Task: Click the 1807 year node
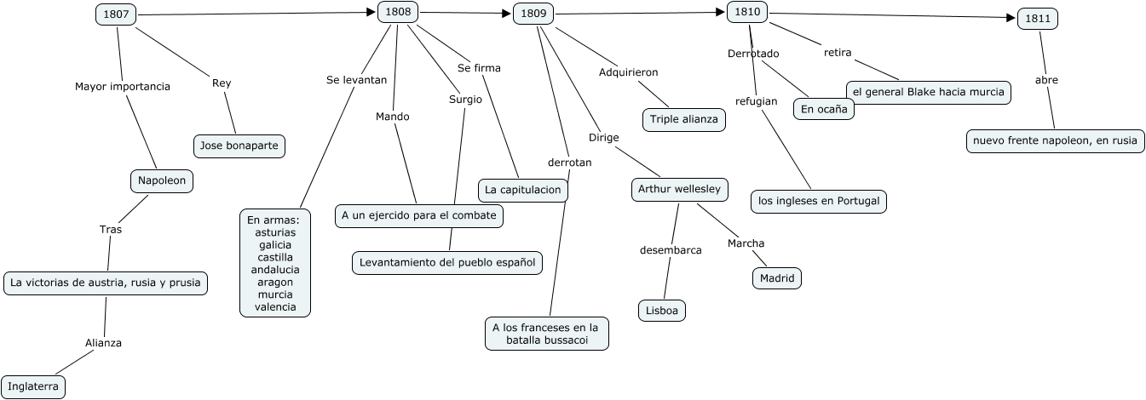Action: pos(116,15)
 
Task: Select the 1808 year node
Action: pos(398,12)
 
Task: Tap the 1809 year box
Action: pos(533,14)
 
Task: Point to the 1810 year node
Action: pos(747,12)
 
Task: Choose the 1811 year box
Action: pos(1038,20)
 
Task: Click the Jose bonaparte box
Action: pos(239,146)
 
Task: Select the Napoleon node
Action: pos(162,180)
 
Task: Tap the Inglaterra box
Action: pos(32,386)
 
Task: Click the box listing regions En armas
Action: pos(275,263)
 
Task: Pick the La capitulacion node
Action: pos(522,190)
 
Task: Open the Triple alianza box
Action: pos(684,119)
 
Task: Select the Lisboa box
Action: pos(662,311)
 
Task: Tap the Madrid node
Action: pos(776,278)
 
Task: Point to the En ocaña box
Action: pos(823,109)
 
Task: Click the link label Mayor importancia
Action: pos(123,86)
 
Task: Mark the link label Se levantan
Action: pos(356,79)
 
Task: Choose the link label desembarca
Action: pos(671,250)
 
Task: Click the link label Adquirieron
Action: pos(628,72)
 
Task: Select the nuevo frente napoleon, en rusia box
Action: pos(1055,140)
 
